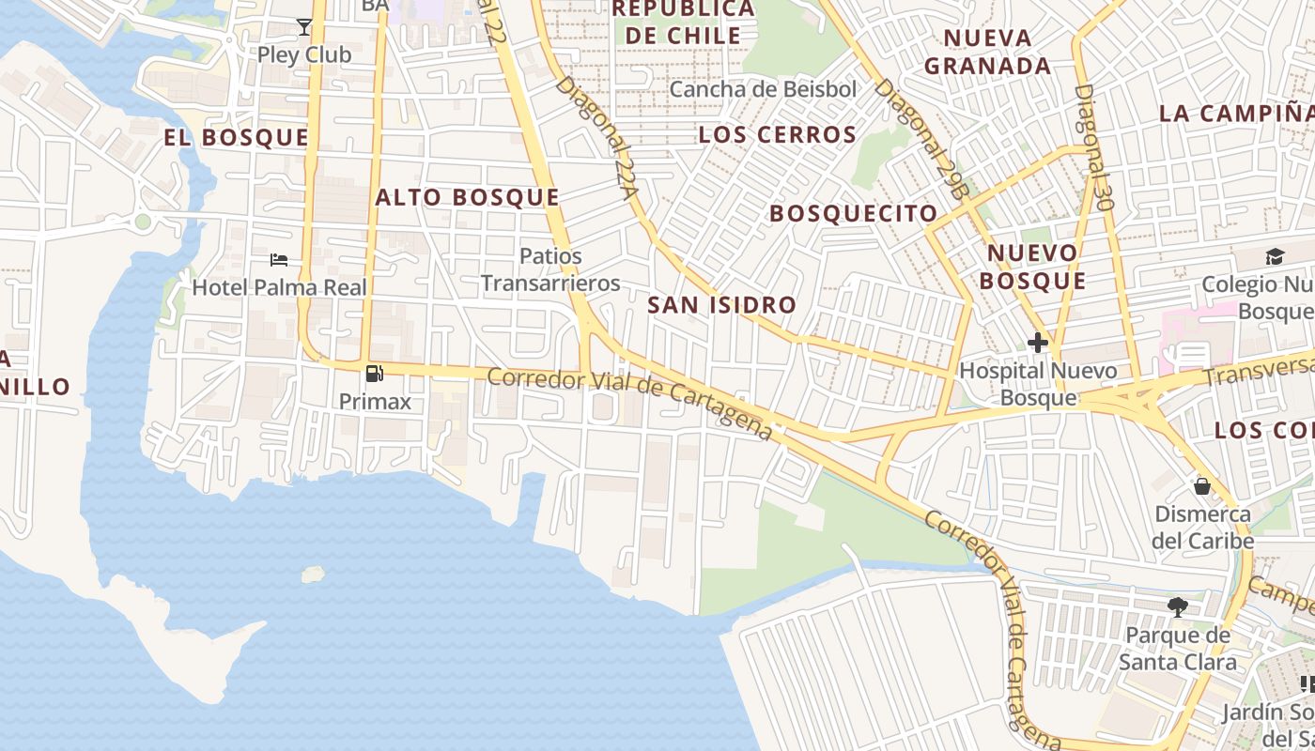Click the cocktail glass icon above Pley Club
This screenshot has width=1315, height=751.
click(x=304, y=26)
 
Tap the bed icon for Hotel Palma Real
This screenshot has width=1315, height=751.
click(x=279, y=260)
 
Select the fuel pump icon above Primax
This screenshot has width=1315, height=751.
click(x=374, y=374)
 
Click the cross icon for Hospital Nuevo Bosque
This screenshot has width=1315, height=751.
click(x=1038, y=343)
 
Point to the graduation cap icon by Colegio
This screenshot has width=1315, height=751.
click(x=1275, y=256)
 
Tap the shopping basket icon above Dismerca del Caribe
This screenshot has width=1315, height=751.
click(x=1202, y=486)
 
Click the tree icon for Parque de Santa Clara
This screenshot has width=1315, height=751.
click(x=1177, y=607)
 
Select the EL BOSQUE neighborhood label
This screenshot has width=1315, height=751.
click(x=236, y=138)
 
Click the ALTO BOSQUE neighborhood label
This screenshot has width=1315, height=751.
click(x=467, y=198)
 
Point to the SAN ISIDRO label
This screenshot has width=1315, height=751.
click(x=721, y=305)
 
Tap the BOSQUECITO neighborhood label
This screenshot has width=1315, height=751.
click(x=854, y=214)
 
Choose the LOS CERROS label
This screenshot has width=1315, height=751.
click(x=778, y=135)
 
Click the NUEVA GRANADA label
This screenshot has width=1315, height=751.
click(x=987, y=52)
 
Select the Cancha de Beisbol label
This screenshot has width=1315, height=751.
click(x=764, y=90)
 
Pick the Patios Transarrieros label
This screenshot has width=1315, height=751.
click(x=550, y=269)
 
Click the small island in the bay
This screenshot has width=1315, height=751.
click(x=313, y=574)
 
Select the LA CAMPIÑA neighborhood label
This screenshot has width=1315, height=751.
click(x=1236, y=114)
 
